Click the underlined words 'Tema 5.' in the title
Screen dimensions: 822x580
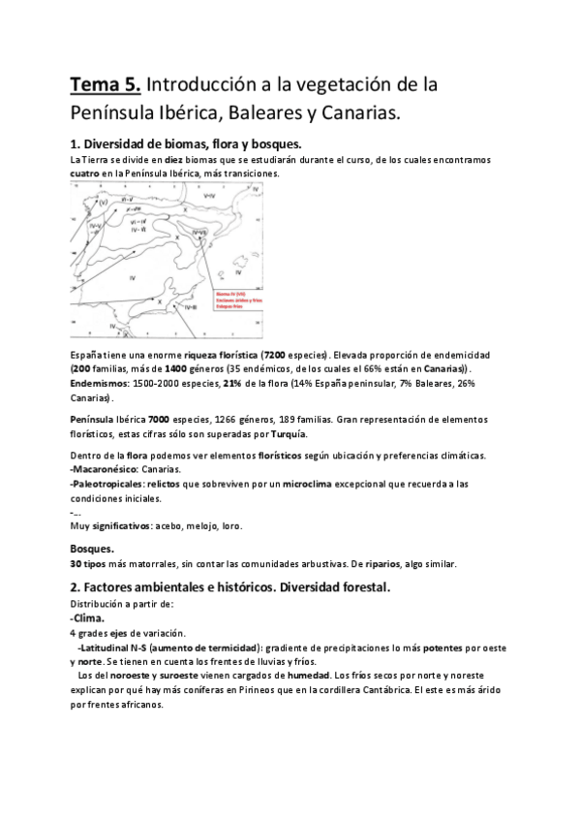(107, 84)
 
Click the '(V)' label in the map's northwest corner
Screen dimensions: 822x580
(102, 202)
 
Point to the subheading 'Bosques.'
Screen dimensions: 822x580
(96, 548)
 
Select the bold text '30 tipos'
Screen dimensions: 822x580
(90, 563)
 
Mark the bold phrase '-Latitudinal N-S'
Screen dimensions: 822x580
(117, 647)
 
